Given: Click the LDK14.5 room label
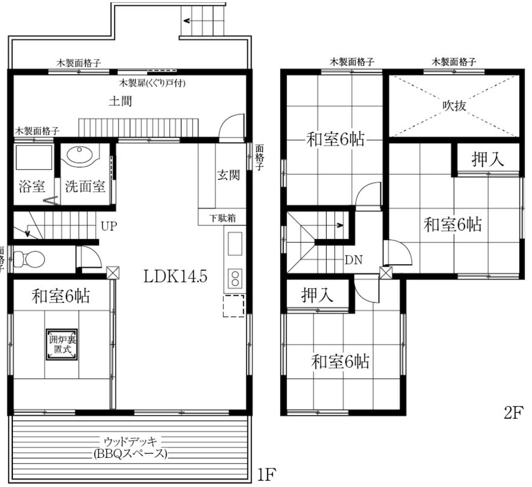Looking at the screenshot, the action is click(x=175, y=276).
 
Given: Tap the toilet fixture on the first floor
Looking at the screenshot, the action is click(x=29, y=259).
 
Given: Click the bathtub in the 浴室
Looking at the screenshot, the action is click(x=34, y=157).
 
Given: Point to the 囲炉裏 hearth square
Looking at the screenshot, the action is click(x=62, y=344).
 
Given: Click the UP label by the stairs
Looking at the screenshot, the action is click(x=109, y=226).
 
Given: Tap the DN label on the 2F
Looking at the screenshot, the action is click(x=354, y=260).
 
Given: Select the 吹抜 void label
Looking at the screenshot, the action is click(x=454, y=106).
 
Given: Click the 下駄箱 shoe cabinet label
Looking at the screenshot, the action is click(x=222, y=218).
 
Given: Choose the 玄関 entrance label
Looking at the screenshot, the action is click(x=229, y=175).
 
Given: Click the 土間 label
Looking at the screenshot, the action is click(x=120, y=101).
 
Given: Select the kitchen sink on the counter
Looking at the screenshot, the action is click(x=235, y=243).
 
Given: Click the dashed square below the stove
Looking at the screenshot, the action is click(x=234, y=306).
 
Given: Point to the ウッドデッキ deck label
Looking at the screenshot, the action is click(x=130, y=442).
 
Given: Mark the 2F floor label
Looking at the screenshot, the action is click(x=514, y=412).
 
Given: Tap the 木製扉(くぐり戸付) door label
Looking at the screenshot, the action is click(x=152, y=83).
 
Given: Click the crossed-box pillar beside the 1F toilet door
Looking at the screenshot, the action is click(x=113, y=272).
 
